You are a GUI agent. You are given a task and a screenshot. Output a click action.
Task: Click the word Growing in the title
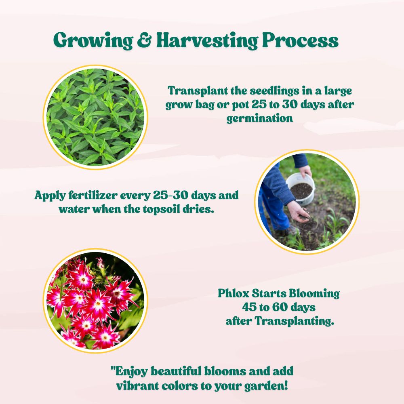tap(93, 40)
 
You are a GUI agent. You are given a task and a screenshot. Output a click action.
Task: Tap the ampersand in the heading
tap(145, 40)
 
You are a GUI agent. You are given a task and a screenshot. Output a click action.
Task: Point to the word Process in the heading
tap(300, 40)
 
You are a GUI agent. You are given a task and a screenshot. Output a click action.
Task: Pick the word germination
tap(260, 118)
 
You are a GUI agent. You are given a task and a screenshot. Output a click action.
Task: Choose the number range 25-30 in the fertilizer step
tap(170, 195)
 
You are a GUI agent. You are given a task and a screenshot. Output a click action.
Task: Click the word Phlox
tap(234, 293)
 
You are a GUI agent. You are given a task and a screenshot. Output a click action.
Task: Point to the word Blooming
tap(314, 294)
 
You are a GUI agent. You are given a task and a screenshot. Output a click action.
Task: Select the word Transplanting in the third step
tap(295, 321)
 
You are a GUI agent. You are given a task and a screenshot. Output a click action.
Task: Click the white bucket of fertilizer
tap(301, 189)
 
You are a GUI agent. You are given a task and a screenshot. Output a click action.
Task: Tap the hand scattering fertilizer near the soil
tap(299, 212)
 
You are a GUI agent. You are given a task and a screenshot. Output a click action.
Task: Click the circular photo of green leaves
tap(95, 117)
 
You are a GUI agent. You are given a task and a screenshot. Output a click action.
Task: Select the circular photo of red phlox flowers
tap(95, 301)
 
